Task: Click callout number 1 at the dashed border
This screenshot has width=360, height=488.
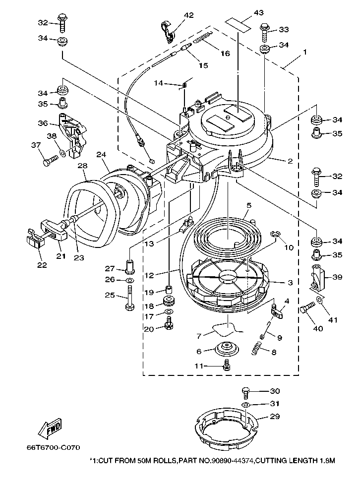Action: pos(305,52)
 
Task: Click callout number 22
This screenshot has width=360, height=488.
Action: pos(42,265)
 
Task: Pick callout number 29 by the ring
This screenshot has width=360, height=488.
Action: pos(275,417)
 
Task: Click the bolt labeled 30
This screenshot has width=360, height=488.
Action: pos(246,392)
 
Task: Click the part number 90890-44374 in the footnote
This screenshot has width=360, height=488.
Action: pos(234,461)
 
